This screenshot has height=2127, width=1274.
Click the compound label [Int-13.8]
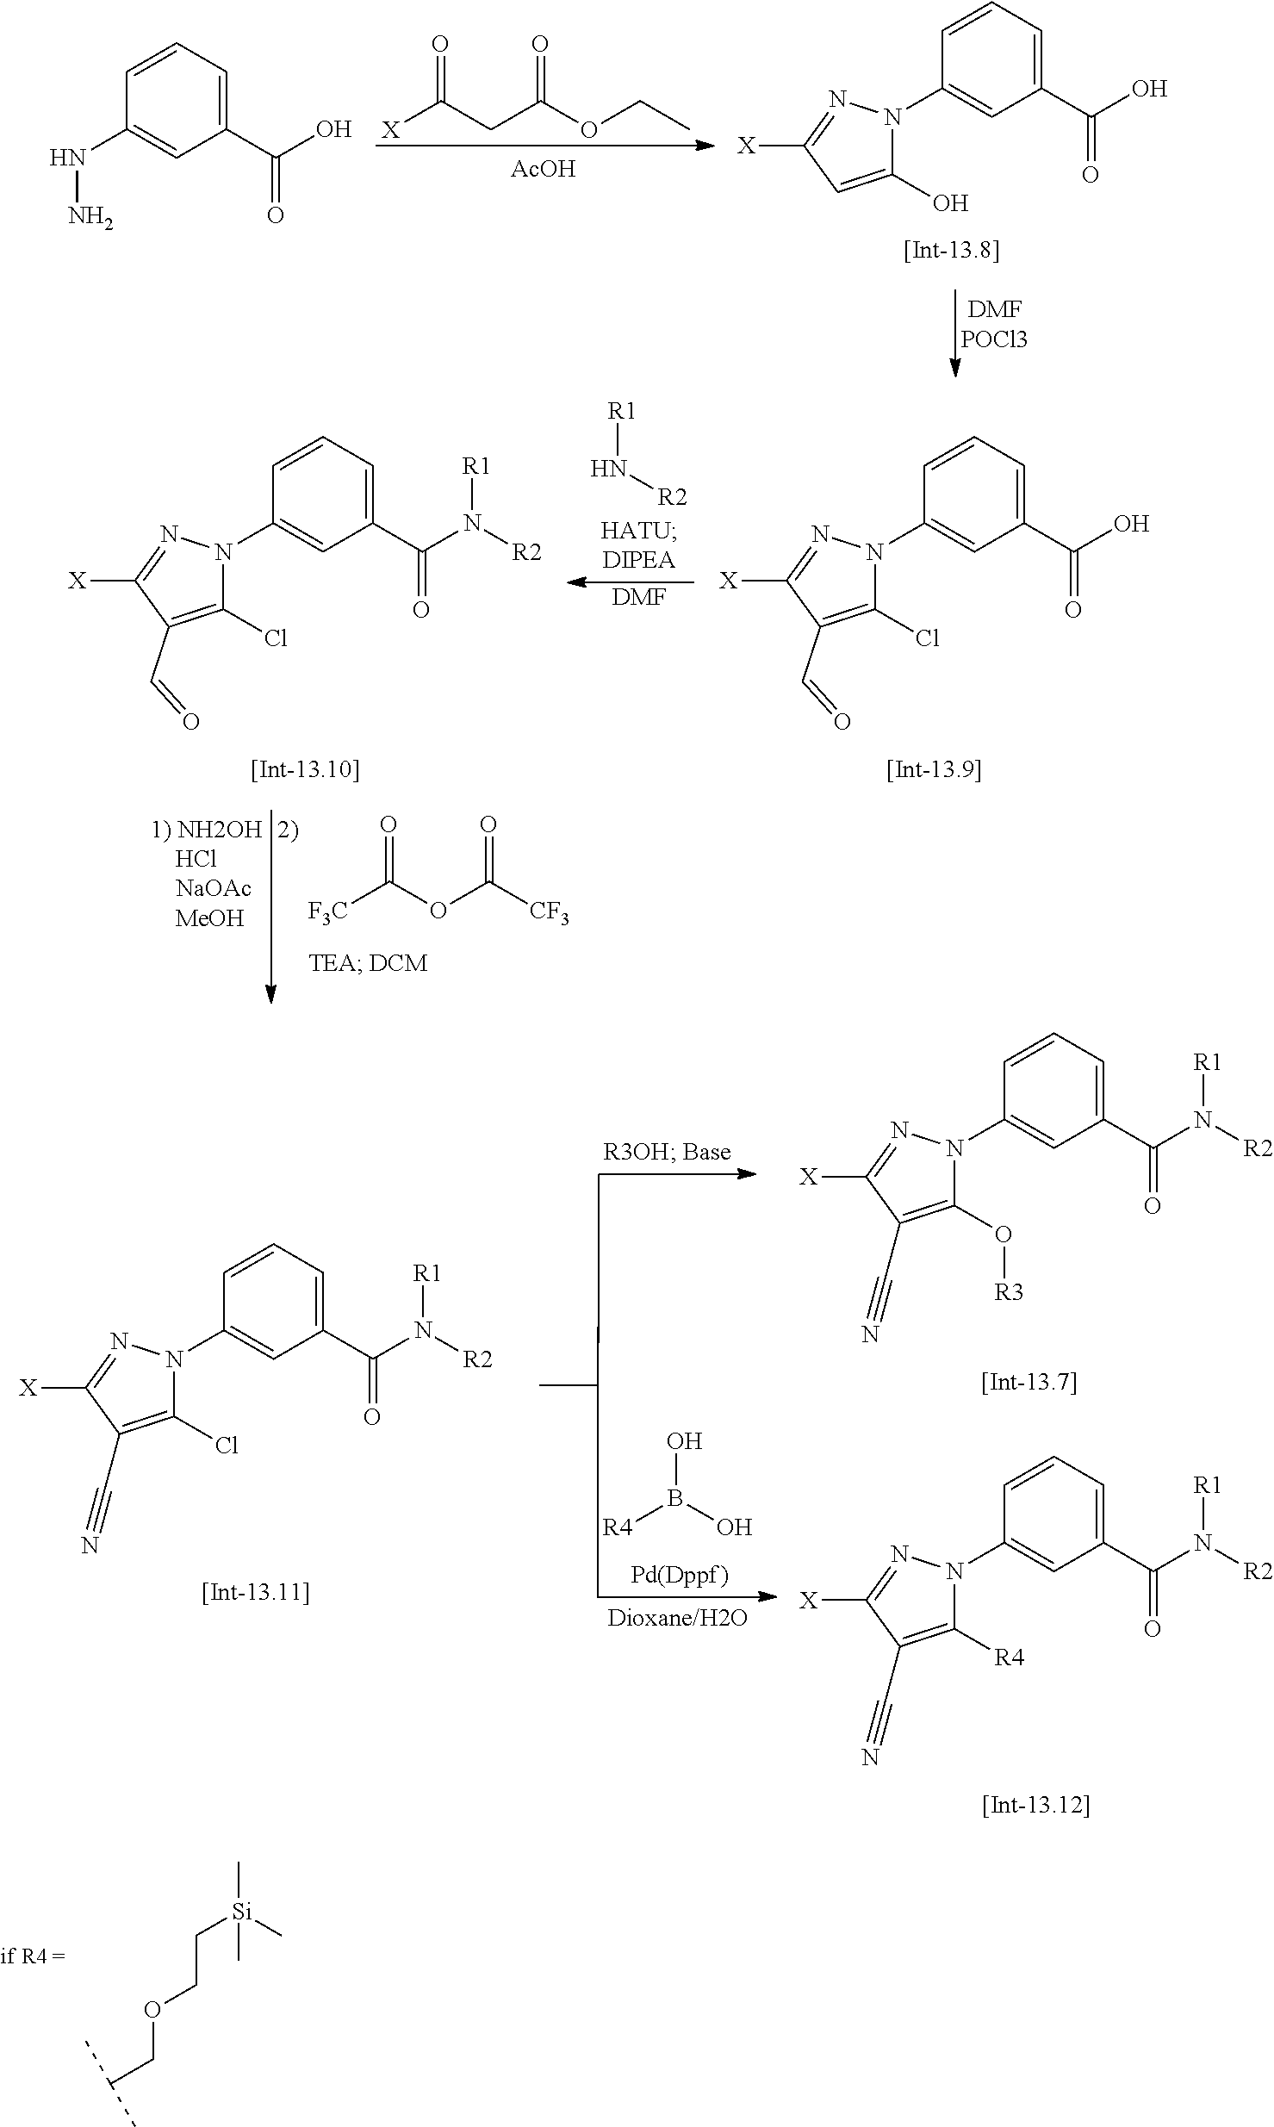click(951, 251)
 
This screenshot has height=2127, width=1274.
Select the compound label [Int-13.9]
click(934, 768)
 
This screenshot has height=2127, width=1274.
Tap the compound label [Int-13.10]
click(305, 768)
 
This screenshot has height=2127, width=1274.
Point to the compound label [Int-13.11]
click(255, 1592)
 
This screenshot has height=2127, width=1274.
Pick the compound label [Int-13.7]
click(1029, 1383)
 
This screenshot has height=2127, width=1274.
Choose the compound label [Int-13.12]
click(1035, 1805)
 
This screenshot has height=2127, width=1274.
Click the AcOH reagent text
click(543, 169)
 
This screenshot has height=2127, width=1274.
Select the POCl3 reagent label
click(994, 339)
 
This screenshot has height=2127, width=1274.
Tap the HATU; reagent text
click(637, 533)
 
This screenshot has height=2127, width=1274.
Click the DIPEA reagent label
click(638, 561)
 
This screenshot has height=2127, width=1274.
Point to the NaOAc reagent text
click(213, 888)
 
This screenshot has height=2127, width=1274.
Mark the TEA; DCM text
click(368, 962)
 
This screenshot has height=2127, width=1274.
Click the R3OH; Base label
click(667, 1152)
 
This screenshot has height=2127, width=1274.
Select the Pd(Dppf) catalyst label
click(678, 1576)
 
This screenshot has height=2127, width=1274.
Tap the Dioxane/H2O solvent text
click(677, 1617)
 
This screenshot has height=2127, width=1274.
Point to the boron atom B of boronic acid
click(674, 1500)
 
